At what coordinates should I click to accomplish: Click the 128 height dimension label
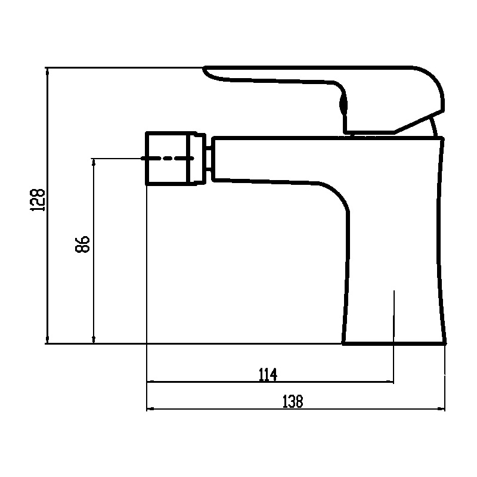coord(38,200)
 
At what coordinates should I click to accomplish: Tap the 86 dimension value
coord(82,244)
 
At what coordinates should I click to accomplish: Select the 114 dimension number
coord(268,374)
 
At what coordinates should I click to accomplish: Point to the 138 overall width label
coord(293,401)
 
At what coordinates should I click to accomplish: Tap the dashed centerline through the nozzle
coord(168,158)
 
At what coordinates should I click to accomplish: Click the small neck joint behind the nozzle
coord(209,158)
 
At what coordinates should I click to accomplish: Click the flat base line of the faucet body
coord(394,343)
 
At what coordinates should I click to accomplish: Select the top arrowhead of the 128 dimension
coord(47,71)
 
